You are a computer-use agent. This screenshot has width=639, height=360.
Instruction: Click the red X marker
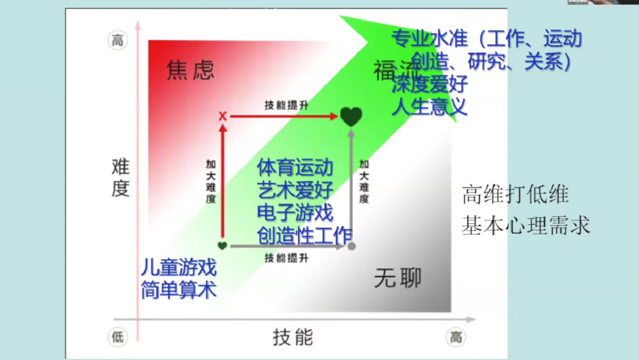(222, 116)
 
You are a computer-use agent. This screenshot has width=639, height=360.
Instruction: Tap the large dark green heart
(351, 117)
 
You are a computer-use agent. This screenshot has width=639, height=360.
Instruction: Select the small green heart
(222, 245)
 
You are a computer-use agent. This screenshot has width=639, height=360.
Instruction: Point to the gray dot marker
(351, 245)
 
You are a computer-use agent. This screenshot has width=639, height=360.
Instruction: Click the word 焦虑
(190, 70)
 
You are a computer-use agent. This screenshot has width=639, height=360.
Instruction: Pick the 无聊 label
(398, 278)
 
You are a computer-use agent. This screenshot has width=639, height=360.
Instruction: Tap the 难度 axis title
(120, 177)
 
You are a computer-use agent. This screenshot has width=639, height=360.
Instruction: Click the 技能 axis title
(293, 337)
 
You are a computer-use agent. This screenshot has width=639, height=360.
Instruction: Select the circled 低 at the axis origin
(118, 337)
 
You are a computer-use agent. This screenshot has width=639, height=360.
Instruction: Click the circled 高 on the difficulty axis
(118, 40)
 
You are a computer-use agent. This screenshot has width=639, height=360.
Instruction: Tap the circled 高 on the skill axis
(456, 337)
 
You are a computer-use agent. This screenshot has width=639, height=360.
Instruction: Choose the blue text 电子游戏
(295, 212)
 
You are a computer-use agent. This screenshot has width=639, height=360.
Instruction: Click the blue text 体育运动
(295, 167)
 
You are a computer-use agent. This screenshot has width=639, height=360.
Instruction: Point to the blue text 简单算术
(179, 290)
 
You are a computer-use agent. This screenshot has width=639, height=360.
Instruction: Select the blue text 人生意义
(430, 107)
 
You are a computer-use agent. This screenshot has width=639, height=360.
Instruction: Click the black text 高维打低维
(515, 195)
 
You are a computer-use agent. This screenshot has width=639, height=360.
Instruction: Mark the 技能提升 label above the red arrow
(286, 105)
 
